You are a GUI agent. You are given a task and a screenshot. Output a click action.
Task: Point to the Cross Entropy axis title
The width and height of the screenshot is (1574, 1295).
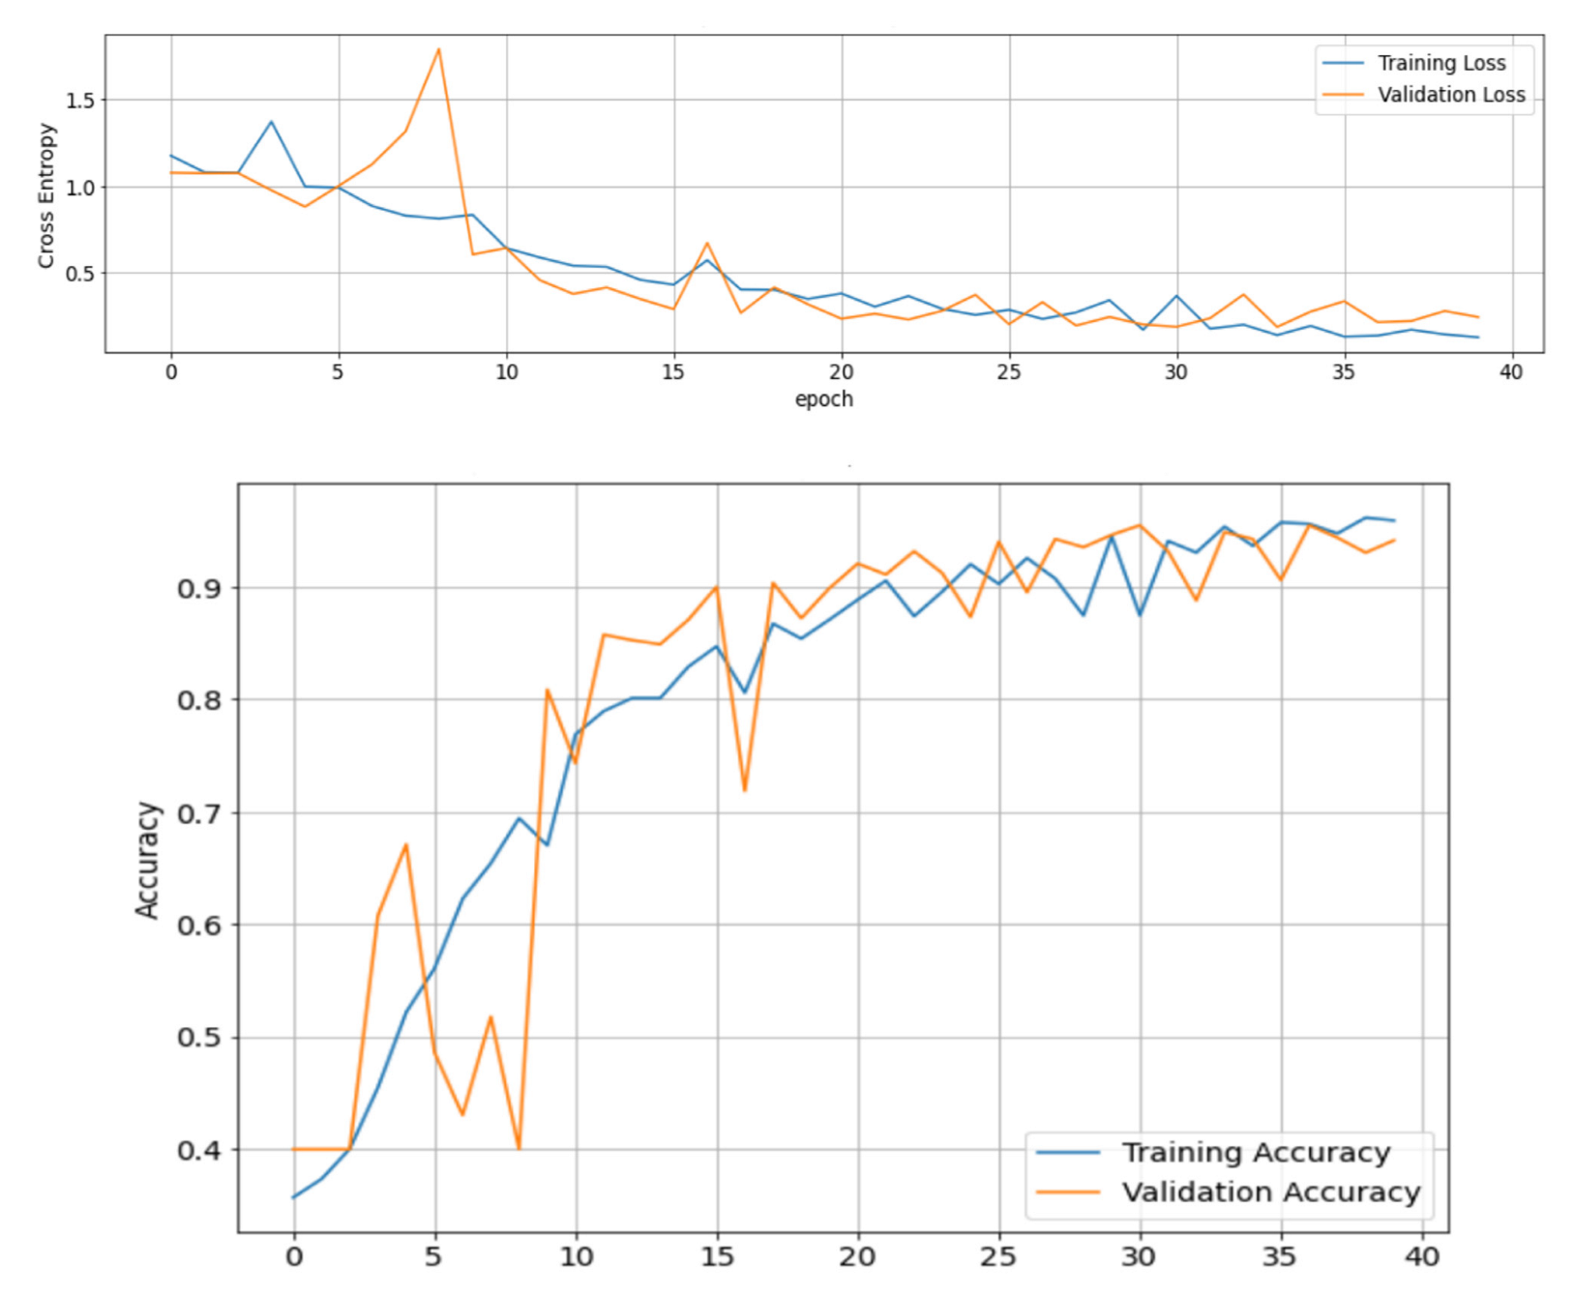click(x=45, y=195)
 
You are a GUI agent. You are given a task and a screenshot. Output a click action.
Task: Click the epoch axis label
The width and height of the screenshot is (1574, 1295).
click(x=823, y=399)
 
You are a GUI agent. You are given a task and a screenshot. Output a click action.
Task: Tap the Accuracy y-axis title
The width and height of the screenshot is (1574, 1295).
click(x=147, y=860)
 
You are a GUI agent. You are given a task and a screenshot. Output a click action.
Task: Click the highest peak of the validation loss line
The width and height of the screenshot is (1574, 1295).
click(x=439, y=49)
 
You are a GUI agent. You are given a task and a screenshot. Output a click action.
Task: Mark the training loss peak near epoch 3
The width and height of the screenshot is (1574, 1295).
click(x=272, y=122)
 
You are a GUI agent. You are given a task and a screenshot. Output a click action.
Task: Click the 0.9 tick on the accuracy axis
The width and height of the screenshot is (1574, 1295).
click(x=199, y=589)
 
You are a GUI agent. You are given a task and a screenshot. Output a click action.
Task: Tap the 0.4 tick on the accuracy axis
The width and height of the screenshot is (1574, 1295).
click(x=199, y=1151)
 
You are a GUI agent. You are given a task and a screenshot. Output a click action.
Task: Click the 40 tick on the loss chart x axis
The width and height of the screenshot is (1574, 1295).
click(x=1510, y=373)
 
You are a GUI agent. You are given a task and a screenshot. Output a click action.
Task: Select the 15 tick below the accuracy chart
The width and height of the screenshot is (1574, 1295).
click(x=717, y=1257)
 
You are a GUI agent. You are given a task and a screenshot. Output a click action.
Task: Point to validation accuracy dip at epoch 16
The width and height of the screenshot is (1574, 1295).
click(x=745, y=790)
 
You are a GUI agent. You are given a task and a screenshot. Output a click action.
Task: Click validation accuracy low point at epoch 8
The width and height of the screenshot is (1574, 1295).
click(x=520, y=1148)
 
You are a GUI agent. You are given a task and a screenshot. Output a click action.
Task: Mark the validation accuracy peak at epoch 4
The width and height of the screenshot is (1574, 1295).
click(x=406, y=844)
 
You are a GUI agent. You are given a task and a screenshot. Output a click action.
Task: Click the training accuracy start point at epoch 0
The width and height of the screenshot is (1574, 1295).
click(x=294, y=1197)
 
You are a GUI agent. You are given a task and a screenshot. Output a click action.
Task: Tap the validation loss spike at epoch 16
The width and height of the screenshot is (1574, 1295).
click(x=707, y=244)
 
